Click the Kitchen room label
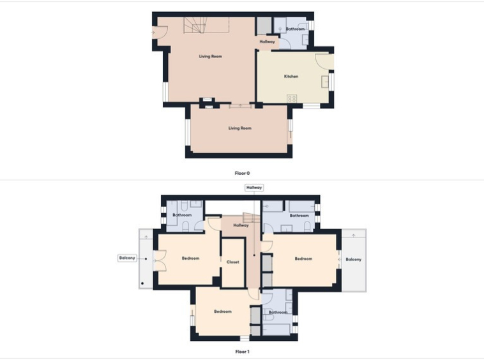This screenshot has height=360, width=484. pos(291,76)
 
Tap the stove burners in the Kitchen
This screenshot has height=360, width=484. pos(292,98)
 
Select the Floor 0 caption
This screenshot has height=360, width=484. pos(242,173)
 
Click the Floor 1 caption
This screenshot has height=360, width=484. pos(242,351)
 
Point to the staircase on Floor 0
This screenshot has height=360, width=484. pos(195,25)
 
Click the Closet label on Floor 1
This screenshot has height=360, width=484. pos(232,262)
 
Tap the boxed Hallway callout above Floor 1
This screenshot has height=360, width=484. pos(254,188)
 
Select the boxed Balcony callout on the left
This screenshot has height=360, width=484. pos(127,258)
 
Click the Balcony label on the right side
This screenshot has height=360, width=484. pos(354,259)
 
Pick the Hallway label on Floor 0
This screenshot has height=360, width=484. pos(267,41)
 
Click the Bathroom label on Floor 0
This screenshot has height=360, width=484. pos(296,29)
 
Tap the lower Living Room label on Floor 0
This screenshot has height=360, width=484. pos(240,128)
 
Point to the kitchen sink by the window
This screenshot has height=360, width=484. pos(325,82)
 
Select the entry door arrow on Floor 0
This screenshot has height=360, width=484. pos(153,33)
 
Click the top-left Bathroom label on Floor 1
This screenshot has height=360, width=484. pos(182,214)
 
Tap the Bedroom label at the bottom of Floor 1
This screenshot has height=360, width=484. pos(223,311)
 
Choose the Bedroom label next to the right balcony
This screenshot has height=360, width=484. pos(303,259)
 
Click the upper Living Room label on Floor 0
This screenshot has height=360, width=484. pos(211,56)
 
